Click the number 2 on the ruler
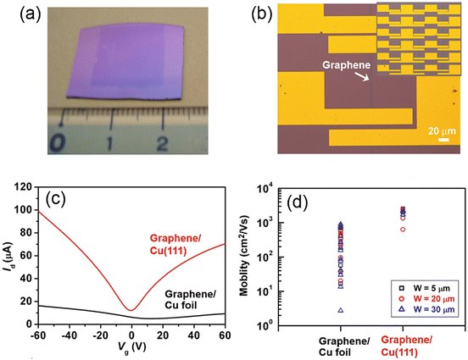[x=161, y=139]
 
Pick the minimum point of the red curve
[x=130, y=309]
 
